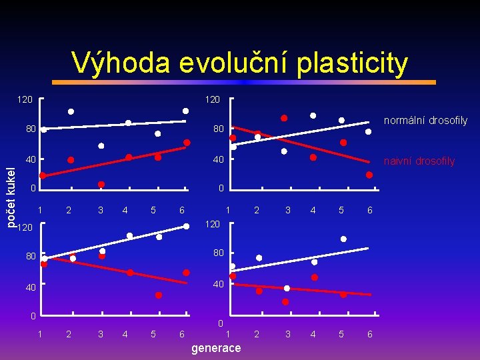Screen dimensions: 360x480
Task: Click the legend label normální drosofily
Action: point(425,121)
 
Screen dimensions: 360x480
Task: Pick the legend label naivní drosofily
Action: point(419,161)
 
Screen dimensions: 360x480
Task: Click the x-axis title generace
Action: point(216,348)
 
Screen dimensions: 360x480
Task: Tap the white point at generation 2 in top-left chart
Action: point(71,111)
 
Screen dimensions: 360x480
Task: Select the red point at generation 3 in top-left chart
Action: point(101,185)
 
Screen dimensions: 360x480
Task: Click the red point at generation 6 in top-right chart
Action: point(369,175)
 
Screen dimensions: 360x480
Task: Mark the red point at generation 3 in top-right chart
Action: point(283,118)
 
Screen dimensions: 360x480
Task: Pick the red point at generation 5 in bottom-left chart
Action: point(159,295)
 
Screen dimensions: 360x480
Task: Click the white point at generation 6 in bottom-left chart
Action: point(187,226)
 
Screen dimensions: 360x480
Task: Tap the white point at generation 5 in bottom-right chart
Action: point(343,239)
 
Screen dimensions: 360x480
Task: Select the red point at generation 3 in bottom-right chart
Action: point(285,301)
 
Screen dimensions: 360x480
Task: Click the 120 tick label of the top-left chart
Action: point(24,100)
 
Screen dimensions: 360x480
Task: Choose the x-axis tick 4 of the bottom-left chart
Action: point(125,333)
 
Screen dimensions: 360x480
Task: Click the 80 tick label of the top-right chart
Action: point(219,129)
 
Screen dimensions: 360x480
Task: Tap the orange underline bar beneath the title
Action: point(243,82)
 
